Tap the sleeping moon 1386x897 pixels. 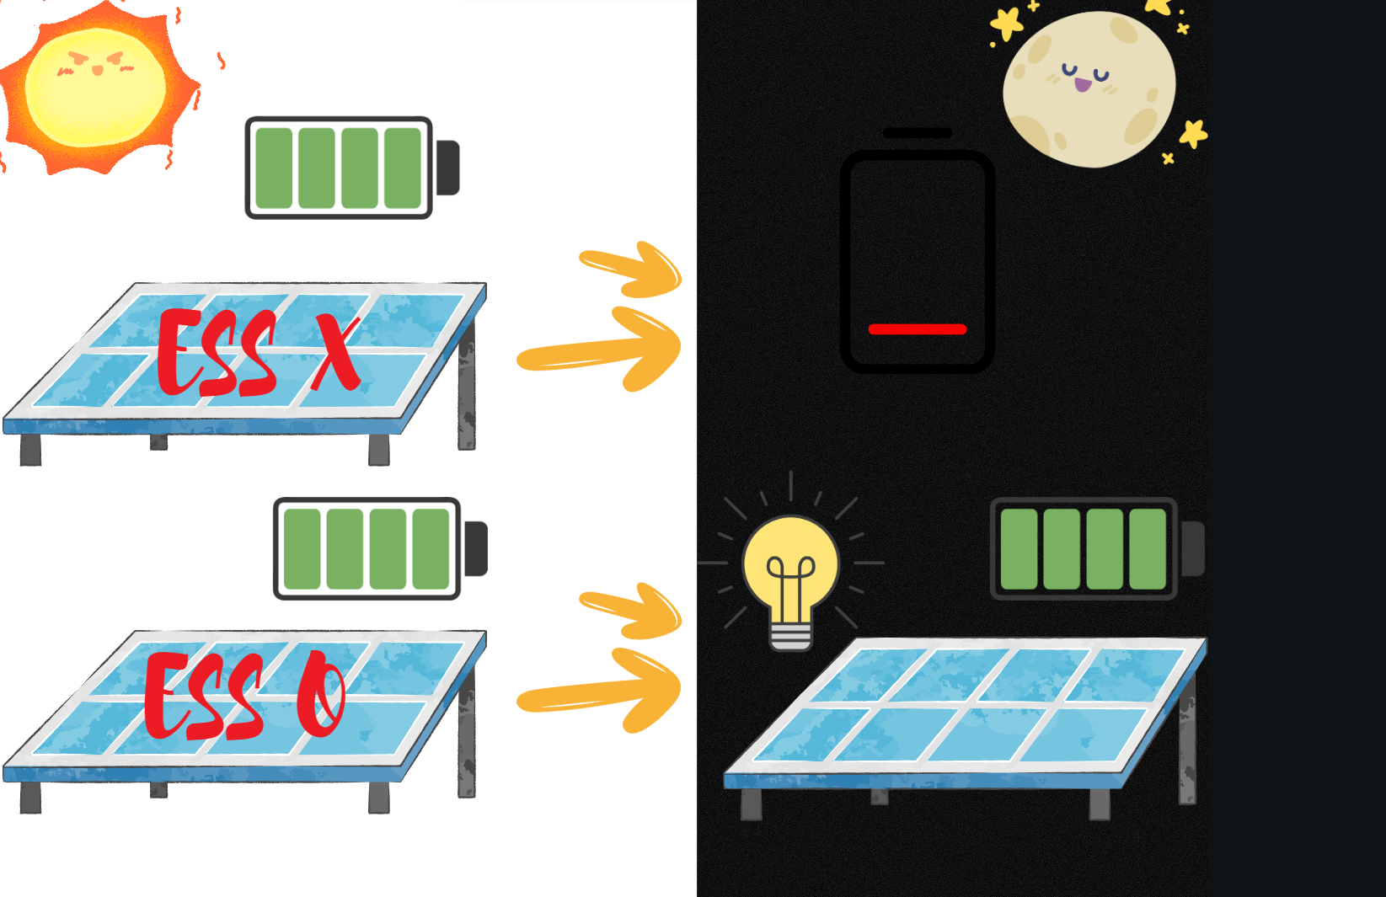(x=1089, y=88)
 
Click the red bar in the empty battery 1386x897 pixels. (x=917, y=329)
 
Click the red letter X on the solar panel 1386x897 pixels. (x=336, y=355)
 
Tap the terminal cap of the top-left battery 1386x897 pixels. (x=447, y=168)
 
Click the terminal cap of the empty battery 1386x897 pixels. (x=917, y=133)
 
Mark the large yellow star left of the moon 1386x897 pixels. (x=1006, y=23)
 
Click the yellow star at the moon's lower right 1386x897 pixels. (x=1193, y=133)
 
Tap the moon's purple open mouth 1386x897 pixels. (x=1082, y=85)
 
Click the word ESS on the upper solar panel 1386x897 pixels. (x=217, y=354)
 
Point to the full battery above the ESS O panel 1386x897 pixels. (x=367, y=548)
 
